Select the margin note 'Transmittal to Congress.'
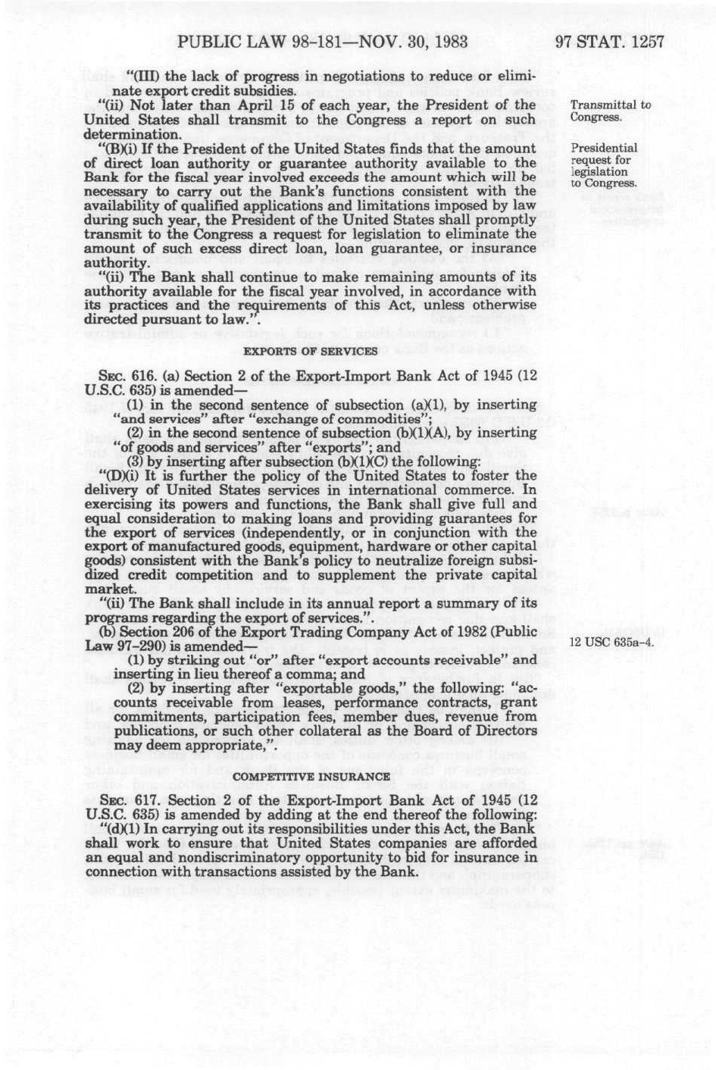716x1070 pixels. pos(610,111)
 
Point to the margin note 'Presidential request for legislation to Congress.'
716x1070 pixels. pos(604,165)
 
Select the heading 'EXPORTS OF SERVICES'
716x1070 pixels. pos(310,351)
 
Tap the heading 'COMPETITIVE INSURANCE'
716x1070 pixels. pos(311,776)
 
